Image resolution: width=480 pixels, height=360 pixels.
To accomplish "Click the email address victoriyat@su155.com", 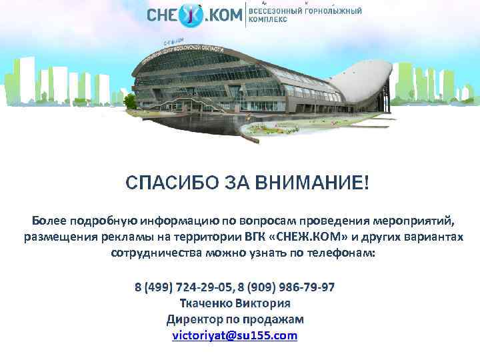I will click(x=235, y=335).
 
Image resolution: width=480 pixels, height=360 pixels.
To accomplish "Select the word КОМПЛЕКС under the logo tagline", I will click(x=268, y=21).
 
